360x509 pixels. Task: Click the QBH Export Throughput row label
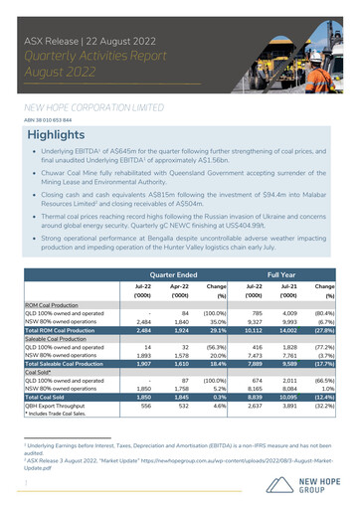pyautogui.click(x=61, y=404)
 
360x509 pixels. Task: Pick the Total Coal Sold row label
pyautogui.click(x=47, y=395)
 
